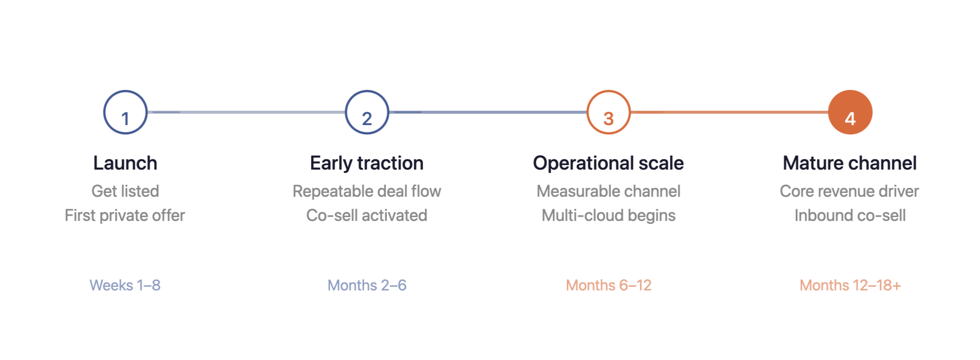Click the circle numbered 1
click(125, 112)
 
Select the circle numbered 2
click(367, 112)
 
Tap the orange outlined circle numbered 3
click(608, 112)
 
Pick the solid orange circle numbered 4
click(850, 112)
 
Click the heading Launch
click(125, 163)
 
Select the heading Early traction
click(367, 163)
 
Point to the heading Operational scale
click(608, 163)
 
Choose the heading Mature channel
click(849, 163)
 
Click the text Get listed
click(125, 191)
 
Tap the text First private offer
click(125, 216)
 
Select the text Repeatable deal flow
click(367, 191)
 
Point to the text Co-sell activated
click(367, 216)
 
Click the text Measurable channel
click(608, 191)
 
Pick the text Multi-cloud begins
click(608, 216)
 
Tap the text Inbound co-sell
click(850, 216)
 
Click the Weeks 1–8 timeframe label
click(125, 285)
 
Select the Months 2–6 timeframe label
click(367, 285)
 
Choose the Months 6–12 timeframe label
click(608, 285)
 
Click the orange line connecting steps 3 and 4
click(729, 112)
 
